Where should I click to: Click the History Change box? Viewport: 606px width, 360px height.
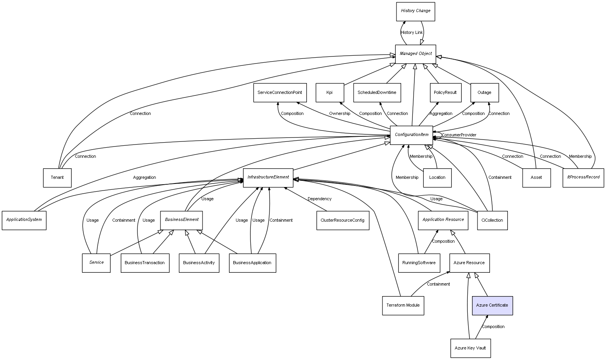pos(415,11)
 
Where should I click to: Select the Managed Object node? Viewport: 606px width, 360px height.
pos(415,54)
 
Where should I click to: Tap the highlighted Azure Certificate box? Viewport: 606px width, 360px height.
pos(492,305)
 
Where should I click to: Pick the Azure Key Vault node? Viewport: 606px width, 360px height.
pos(470,348)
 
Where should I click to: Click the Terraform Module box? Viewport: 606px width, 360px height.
pos(403,305)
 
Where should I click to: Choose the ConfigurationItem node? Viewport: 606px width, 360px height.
pos(411,135)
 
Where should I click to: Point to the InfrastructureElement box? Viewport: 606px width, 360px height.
pos(268,178)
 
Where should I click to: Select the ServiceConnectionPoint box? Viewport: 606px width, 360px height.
pos(280,93)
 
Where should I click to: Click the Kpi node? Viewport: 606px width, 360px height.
pos(329,93)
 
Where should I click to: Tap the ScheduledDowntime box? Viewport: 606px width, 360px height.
pos(377,93)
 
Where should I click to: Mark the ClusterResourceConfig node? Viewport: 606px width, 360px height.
pos(342,221)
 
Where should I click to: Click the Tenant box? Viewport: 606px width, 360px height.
pos(57,178)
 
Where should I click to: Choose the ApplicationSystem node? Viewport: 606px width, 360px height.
pos(24,220)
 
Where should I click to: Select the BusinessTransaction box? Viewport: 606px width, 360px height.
pos(144,263)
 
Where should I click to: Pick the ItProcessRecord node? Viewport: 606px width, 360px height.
pos(583,178)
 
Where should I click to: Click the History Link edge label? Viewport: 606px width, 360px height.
pos(412,33)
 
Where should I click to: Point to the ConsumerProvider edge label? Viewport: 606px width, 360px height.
pos(459,135)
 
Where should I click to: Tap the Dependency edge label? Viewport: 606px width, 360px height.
pos(319,199)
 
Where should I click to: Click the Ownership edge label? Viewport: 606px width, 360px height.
pos(339,114)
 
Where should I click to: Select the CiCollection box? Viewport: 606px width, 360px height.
pos(492,221)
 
